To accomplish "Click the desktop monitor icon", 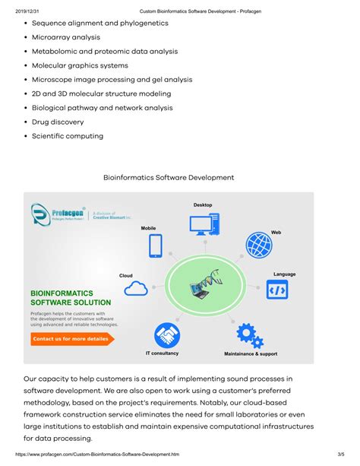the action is [203, 224].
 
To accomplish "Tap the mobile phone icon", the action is [156, 246].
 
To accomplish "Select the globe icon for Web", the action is [259, 245].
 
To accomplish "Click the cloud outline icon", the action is [136, 287].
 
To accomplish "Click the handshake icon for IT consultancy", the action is [166, 335].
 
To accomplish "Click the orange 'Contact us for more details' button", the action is [71, 338].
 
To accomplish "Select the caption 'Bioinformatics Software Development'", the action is [169, 177].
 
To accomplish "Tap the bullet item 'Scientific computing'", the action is [68, 136].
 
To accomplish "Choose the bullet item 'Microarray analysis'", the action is [66, 36].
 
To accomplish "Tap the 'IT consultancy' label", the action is [162, 353].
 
